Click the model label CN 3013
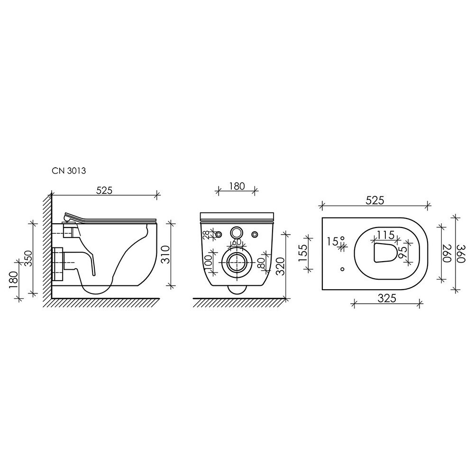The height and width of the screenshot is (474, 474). (69, 171)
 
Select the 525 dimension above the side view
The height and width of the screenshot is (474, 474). (104, 190)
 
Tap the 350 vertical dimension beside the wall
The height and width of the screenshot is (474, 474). (28, 258)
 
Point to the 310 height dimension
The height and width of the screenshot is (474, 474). (165, 255)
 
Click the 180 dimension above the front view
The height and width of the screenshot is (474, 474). (237, 186)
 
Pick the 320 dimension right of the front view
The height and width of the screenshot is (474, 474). (281, 266)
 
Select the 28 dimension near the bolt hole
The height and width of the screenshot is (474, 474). (206, 235)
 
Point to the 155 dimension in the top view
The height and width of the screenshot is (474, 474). (303, 254)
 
